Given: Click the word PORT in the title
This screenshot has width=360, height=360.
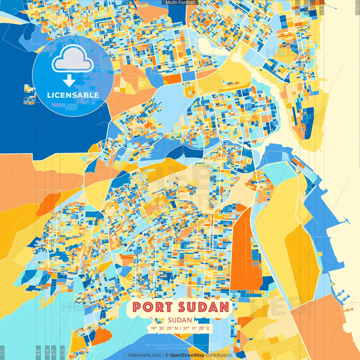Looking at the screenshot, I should click(x=152, y=307).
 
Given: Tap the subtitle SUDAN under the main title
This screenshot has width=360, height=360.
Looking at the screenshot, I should click(x=180, y=320).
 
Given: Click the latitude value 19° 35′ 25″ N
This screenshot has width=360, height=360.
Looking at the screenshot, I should click(x=164, y=328).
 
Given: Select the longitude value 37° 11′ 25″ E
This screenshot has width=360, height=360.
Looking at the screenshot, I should click(x=196, y=328).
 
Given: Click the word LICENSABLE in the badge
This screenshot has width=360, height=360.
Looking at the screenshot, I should click(x=73, y=95).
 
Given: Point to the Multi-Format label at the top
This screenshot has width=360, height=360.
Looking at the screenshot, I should click(x=180, y=3).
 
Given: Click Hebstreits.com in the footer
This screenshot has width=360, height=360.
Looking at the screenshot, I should click(x=145, y=355).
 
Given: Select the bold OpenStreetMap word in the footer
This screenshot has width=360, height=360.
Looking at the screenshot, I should click(x=187, y=355).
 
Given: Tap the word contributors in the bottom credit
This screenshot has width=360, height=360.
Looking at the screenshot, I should click(x=219, y=355).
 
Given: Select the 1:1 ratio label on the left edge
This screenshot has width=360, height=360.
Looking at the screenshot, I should click(x=3, y=352).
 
